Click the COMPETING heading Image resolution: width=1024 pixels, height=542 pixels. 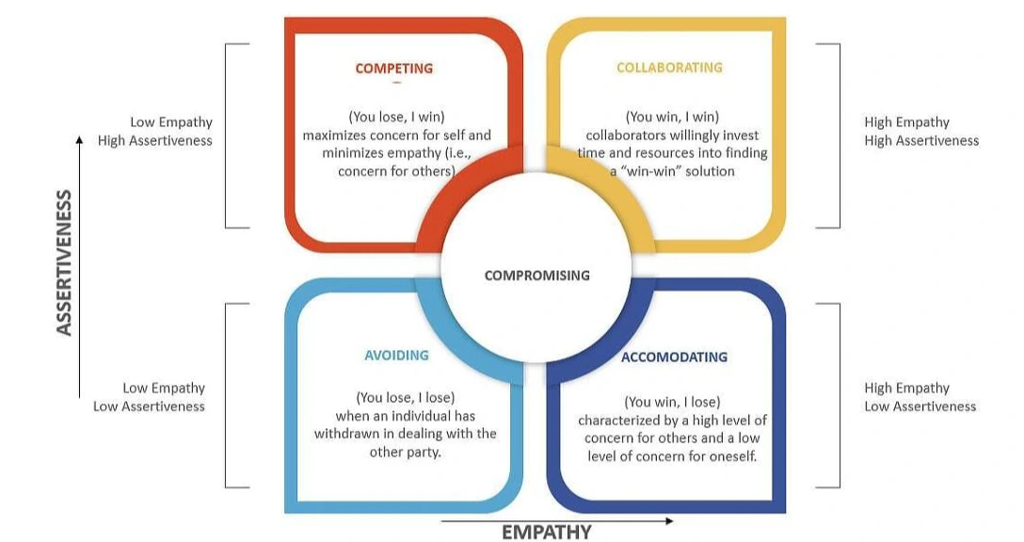(x=393, y=69)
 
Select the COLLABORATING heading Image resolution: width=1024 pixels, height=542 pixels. (x=669, y=68)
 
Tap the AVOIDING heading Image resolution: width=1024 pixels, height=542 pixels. (x=396, y=356)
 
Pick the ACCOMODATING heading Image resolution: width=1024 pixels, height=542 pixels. (x=674, y=358)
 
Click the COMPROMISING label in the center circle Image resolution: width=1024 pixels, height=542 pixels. (x=536, y=276)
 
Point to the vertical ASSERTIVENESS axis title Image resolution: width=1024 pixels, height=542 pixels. (x=64, y=263)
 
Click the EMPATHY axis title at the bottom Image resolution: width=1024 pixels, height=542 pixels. (x=546, y=533)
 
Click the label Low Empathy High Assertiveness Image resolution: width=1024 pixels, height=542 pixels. (x=156, y=132)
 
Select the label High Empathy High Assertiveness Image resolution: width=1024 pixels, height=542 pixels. (x=920, y=132)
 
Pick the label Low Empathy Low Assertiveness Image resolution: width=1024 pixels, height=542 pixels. (x=150, y=397)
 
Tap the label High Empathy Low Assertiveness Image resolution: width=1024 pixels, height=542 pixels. (x=920, y=397)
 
